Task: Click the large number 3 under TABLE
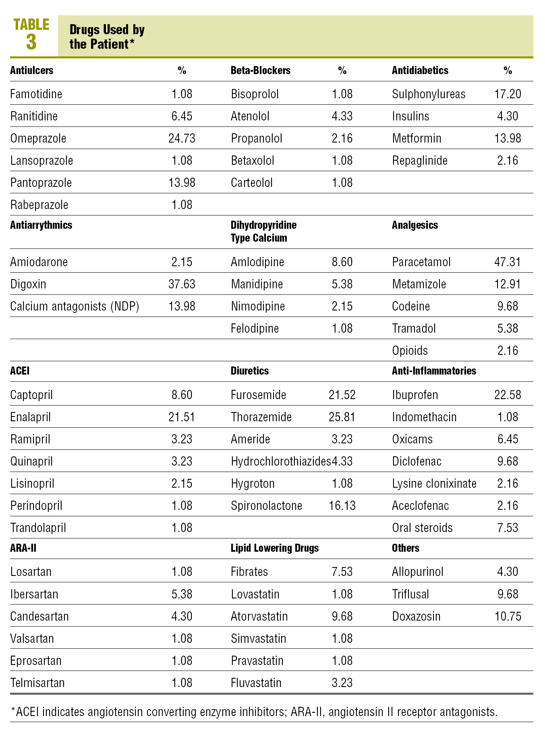pos(31,42)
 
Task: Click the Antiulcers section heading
pos(31,70)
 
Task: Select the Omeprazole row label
pos(38,139)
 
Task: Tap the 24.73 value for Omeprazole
pos(182,139)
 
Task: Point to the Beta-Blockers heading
pos(260,70)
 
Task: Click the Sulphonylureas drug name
pos(429,94)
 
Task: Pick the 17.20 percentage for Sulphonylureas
pos(508,94)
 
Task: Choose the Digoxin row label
pos(28,284)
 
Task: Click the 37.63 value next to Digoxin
pos(182,284)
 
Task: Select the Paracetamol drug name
pos(421,262)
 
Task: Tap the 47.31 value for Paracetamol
pos(508,262)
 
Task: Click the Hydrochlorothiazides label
pos(280,462)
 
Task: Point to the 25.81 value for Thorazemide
pos(342,417)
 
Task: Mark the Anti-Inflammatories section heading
pos(434,371)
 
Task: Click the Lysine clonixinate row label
pos(434,484)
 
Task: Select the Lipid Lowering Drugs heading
pos(274,548)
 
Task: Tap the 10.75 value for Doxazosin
pos(508,617)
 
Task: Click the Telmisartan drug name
pos(37,683)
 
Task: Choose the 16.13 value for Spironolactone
pos(342,506)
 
